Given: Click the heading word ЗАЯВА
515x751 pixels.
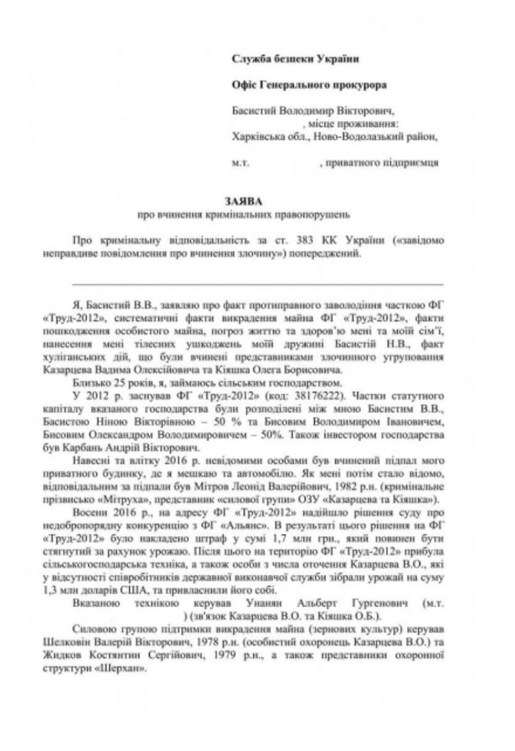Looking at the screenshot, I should click(248, 200).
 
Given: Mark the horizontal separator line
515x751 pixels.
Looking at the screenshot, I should click(257, 284).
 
